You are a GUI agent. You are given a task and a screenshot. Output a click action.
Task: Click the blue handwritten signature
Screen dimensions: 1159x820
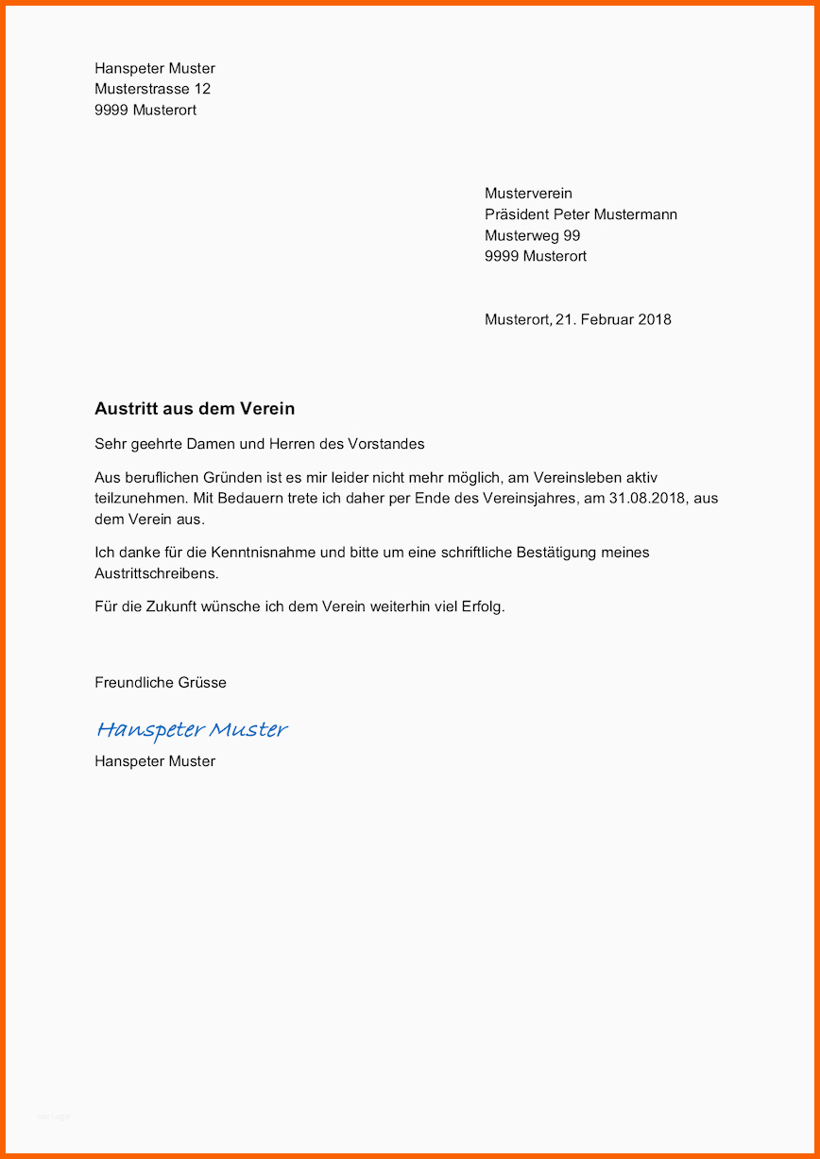coord(192,729)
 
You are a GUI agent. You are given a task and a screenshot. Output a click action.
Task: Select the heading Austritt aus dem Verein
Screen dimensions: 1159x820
coord(195,409)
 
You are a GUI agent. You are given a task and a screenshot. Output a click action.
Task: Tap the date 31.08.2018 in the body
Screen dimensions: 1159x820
coord(645,498)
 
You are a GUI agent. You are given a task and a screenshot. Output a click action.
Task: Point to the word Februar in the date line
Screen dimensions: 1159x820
coord(606,319)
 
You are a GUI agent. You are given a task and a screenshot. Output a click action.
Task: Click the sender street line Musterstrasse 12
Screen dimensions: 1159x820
coord(152,89)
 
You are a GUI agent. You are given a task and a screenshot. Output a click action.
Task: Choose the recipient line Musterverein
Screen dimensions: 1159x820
coord(528,194)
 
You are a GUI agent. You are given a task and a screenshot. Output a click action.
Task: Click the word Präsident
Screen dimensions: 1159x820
coord(517,214)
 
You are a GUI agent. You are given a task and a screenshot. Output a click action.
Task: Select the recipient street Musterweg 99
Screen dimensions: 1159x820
coord(532,235)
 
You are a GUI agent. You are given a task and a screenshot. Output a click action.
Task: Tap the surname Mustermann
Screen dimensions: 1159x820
coord(635,214)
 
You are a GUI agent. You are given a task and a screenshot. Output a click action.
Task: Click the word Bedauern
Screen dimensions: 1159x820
coord(256,498)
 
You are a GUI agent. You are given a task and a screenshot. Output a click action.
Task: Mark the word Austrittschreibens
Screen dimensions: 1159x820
coord(156,573)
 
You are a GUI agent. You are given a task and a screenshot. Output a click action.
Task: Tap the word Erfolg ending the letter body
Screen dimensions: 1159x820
coord(483,606)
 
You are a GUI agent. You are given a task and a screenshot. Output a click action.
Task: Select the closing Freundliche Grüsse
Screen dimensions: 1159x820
coord(161,682)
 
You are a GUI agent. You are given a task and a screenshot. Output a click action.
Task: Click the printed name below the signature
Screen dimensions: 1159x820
coord(155,761)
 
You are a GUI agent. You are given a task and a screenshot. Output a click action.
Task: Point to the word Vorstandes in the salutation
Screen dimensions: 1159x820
coord(387,444)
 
